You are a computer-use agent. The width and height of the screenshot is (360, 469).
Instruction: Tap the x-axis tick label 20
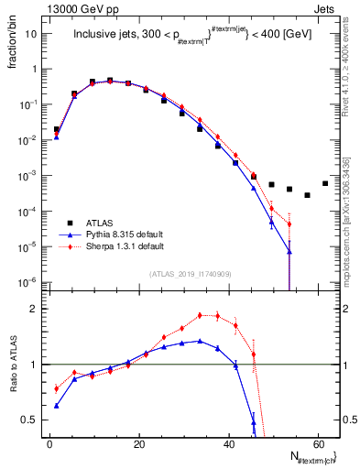139,444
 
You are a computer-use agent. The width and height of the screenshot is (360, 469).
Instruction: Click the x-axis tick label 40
229,444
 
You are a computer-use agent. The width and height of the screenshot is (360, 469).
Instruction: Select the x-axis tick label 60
318,444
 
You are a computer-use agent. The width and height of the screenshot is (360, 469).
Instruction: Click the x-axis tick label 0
49,444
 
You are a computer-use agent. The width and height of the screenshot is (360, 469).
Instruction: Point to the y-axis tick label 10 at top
34,34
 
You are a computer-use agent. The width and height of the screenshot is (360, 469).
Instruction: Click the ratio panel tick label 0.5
35,420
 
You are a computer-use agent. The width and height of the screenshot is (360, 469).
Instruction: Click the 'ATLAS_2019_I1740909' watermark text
190,274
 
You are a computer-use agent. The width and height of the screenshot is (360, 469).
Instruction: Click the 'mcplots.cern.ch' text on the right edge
353,211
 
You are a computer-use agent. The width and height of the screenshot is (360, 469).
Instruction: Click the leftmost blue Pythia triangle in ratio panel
57,406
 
